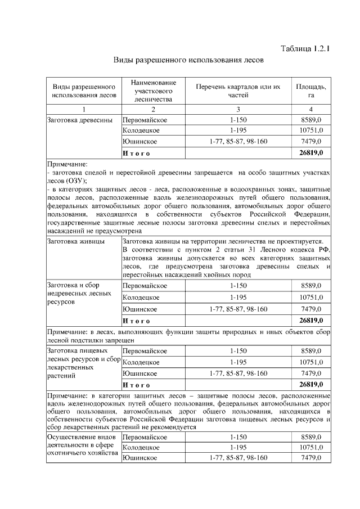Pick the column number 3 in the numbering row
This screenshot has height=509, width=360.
click(238, 109)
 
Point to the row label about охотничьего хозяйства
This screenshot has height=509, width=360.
click(82, 445)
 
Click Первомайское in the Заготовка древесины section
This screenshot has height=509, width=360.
click(145, 120)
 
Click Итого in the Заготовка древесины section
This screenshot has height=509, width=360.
click(136, 152)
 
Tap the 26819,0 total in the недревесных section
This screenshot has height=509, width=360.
click(310, 320)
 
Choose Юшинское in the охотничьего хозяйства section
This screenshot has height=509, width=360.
click(139, 458)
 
